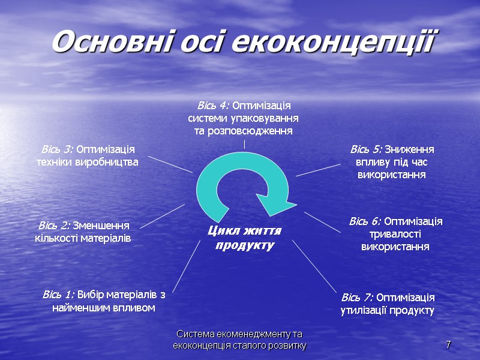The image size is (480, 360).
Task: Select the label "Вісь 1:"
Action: (58, 295)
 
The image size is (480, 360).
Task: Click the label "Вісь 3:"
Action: (57, 149)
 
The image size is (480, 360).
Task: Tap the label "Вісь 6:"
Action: (365, 221)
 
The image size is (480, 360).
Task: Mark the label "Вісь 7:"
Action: (358, 298)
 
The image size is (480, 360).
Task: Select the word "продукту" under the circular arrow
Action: (244, 245)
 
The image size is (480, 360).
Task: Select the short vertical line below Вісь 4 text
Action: (244, 144)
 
